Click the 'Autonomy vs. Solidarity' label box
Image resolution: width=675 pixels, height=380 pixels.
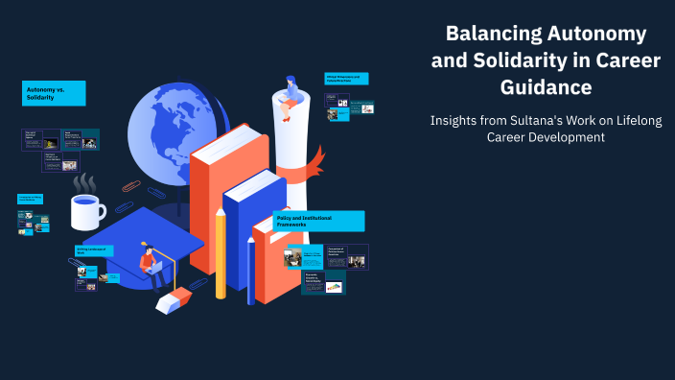point(55,93)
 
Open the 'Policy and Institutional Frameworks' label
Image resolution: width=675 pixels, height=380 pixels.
point(318,222)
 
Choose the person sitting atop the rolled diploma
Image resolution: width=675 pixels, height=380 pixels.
point(290,91)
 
